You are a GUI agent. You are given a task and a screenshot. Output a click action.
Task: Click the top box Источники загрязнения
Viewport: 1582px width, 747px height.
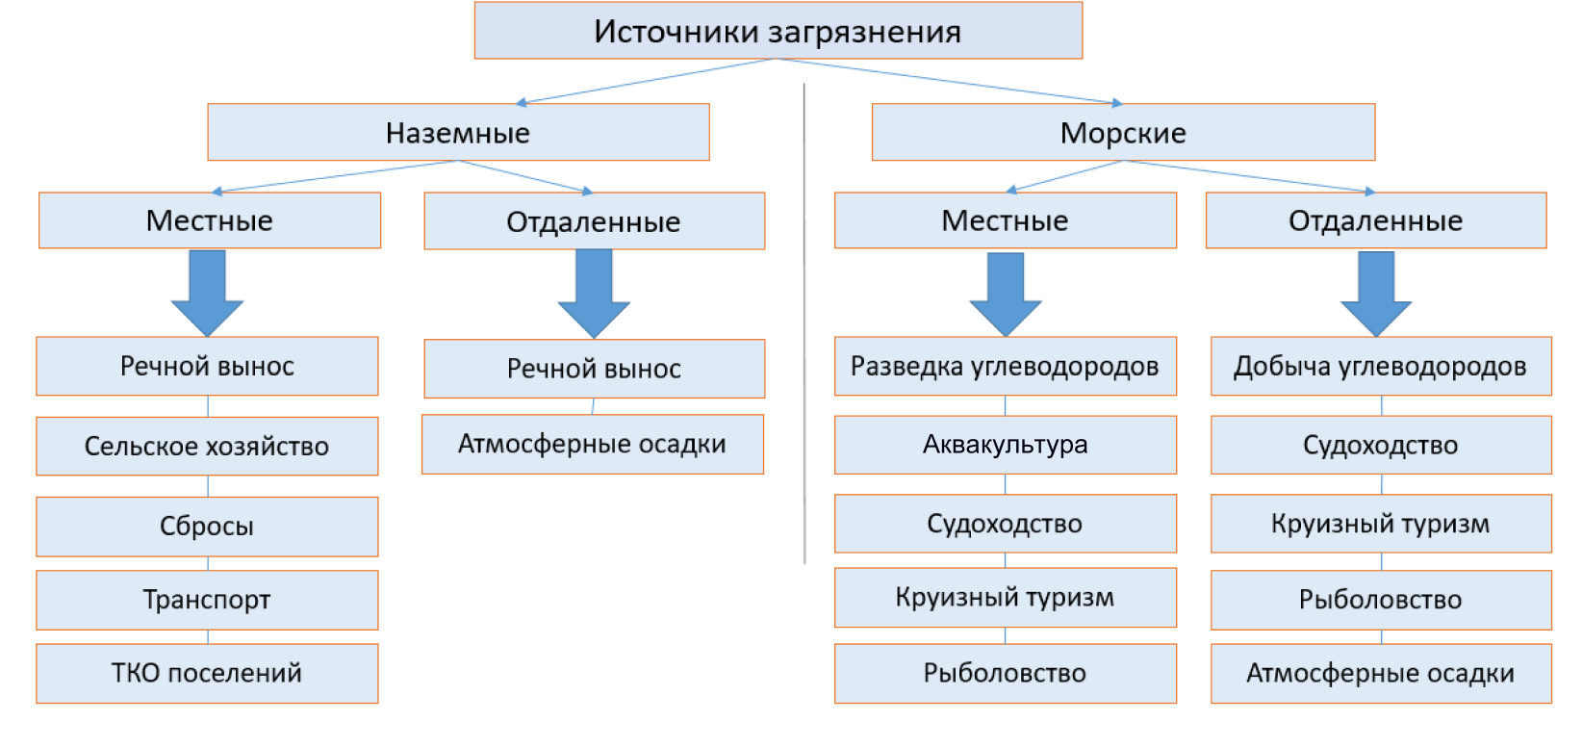(x=778, y=31)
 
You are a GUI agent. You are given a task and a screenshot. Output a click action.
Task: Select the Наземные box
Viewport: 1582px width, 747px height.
(x=458, y=132)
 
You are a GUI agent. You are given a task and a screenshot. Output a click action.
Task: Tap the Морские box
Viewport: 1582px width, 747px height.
(x=1124, y=132)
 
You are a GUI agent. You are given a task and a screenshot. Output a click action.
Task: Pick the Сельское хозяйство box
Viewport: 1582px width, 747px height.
(x=207, y=446)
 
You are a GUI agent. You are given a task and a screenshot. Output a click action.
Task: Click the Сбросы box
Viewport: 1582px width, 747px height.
(x=207, y=527)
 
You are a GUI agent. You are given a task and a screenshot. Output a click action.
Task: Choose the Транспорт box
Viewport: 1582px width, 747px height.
(x=207, y=600)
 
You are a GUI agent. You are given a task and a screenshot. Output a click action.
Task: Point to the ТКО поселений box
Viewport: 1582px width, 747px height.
(x=207, y=674)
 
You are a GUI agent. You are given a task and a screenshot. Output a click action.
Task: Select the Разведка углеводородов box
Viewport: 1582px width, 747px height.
(x=1006, y=366)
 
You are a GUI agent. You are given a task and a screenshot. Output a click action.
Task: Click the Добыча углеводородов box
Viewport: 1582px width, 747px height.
(x=1382, y=366)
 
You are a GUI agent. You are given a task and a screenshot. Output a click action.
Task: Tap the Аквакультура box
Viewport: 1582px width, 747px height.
(x=1006, y=445)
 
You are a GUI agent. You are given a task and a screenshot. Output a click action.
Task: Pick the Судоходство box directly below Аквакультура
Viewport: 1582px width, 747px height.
(x=1006, y=524)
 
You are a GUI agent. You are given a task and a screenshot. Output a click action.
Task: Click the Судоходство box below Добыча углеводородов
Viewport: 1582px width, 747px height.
(x=1382, y=445)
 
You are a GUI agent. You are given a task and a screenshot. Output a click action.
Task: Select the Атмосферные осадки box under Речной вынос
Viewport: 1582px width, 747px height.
(x=593, y=444)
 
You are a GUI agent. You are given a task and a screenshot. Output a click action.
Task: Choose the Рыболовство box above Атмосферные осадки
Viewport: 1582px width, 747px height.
(x=1382, y=600)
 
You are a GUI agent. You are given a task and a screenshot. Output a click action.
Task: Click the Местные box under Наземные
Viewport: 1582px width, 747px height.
(x=210, y=220)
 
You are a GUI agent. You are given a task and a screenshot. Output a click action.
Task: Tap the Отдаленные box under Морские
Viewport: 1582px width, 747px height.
(x=1376, y=220)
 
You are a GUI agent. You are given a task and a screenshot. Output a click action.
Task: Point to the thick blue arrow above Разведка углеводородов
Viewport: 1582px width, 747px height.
(x=1006, y=294)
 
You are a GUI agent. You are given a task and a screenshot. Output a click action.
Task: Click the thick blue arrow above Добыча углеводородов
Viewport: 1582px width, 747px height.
(x=1376, y=294)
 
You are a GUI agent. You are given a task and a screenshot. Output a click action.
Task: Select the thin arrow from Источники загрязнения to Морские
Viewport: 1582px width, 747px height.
(x=949, y=81)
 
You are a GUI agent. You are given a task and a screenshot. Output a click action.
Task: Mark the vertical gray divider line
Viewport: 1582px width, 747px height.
(x=804, y=323)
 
